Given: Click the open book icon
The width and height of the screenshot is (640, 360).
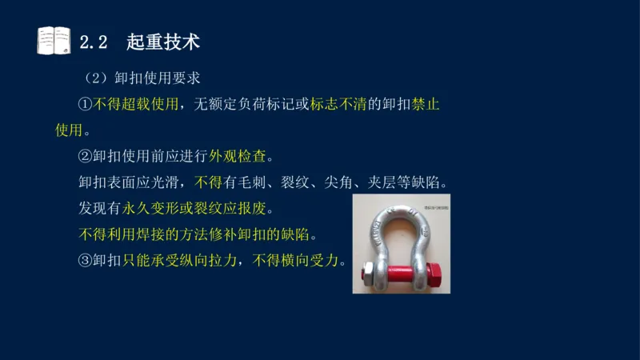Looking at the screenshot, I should click(x=54, y=40).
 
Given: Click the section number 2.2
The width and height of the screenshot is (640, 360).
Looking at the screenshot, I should click(x=94, y=41).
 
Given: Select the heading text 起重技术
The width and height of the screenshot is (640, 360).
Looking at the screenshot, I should click(x=162, y=40).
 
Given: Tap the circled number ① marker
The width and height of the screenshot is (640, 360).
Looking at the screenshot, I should click(x=86, y=105).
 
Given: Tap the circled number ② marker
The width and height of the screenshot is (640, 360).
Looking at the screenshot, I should click(x=86, y=156).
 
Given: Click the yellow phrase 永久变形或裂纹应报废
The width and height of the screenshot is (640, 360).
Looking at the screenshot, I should click(x=197, y=209).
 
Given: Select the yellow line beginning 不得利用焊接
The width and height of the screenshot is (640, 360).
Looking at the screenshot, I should click(x=197, y=234).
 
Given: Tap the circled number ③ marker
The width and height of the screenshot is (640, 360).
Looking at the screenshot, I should click(x=86, y=261).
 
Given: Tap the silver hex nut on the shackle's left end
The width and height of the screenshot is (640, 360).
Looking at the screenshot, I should click(x=365, y=277).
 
